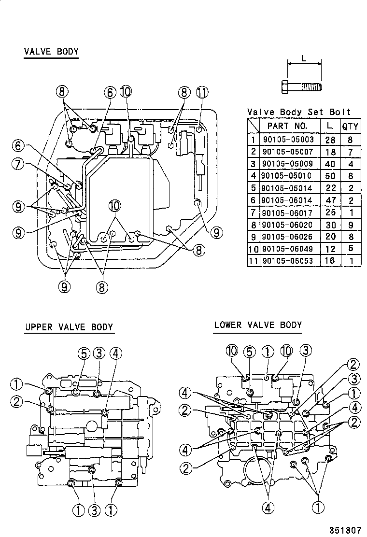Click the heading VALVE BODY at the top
pos(51,52)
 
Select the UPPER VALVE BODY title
pos(69,327)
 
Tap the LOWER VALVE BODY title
pos(258,325)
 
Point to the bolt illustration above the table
pos(301,87)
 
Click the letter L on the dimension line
pos(304,58)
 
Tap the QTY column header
pos(350,127)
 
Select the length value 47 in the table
pos(330,200)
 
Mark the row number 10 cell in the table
pos(254,249)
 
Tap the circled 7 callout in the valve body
pos(18,164)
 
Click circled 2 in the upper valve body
pos(17,400)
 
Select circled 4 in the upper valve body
pos(115,353)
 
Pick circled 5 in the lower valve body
pos(249,351)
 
